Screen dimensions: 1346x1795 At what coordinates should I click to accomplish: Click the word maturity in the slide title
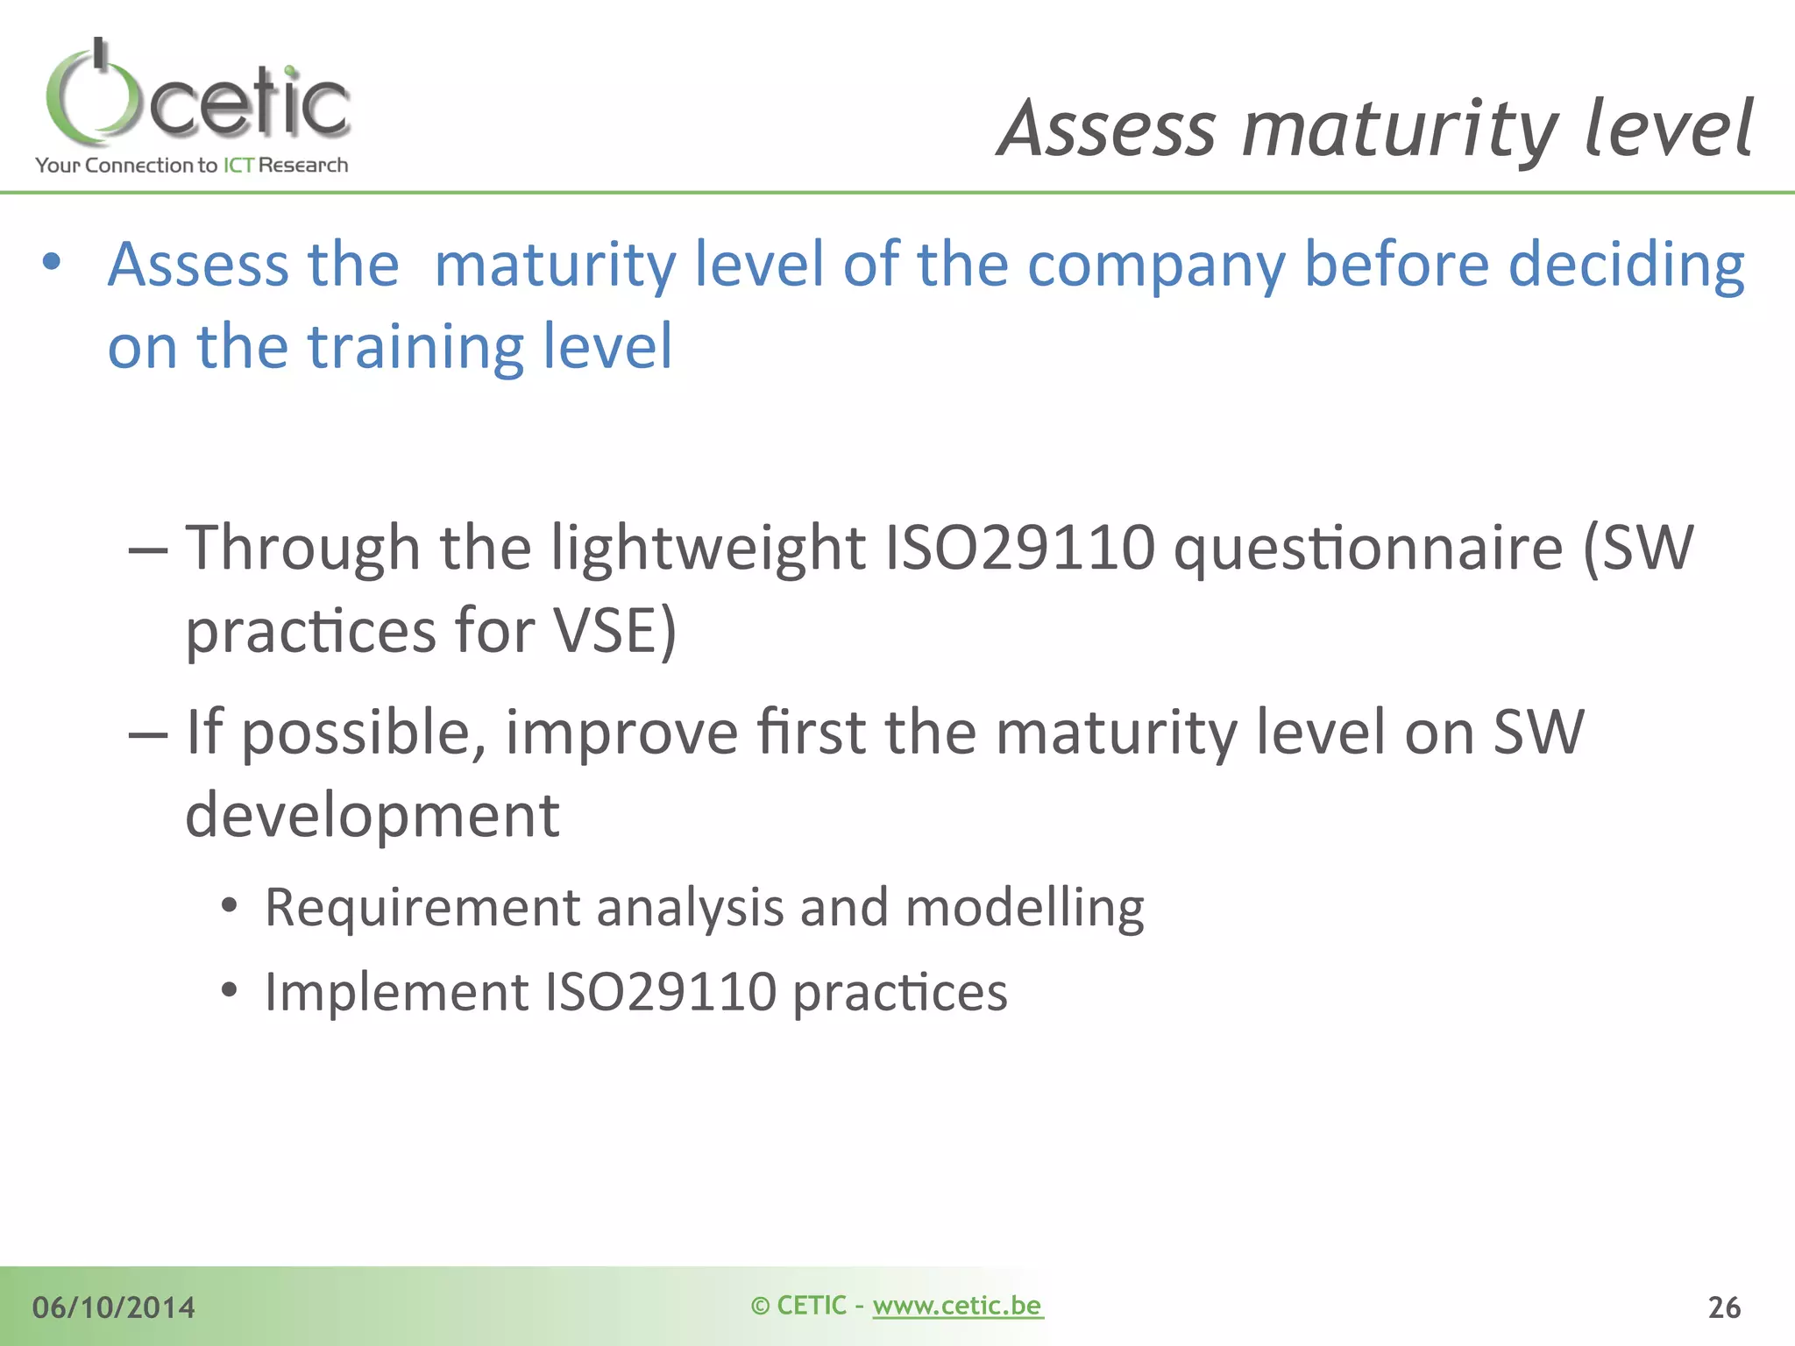pyautogui.click(x=1400, y=130)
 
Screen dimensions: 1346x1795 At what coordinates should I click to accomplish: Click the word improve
pyautogui.click(x=621, y=733)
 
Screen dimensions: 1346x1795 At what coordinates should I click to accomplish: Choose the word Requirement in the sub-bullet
pyautogui.click(x=422, y=908)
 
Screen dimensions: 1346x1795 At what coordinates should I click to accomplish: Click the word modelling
pyautogui.click(x=1025, y=908)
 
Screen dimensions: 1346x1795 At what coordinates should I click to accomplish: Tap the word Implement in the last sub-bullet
pyautogui.click(x=397, y=993)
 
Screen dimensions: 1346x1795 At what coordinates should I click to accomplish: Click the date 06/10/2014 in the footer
pyautogui.click(x=114, y=1307)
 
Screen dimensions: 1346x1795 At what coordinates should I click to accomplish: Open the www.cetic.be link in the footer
pyautogui.click(x=957, y=1306)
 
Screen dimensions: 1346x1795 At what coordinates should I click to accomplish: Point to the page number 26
pyautogui.click(x=1724, y=1307)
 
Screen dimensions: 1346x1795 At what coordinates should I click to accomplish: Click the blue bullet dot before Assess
pyautogui.click(x=52, y=261)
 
